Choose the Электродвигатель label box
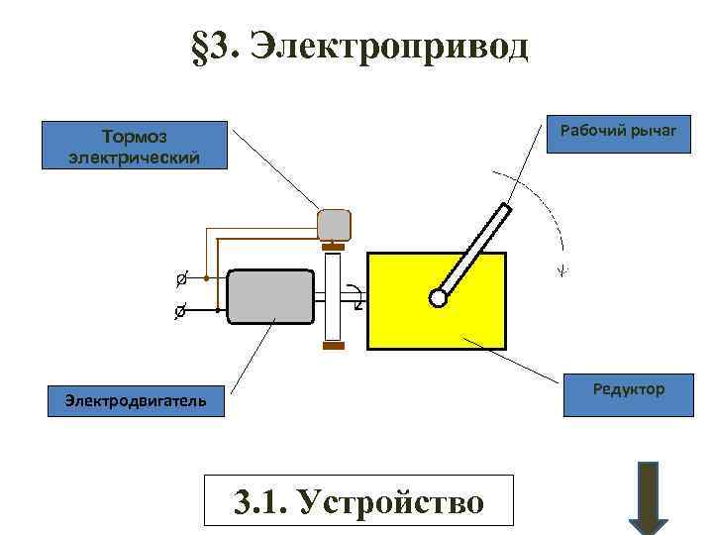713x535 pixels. (x=135, y=400)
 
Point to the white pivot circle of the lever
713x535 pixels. (x=437, y=296)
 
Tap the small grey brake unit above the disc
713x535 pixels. (x=334, y=225)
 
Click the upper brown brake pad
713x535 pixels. (x=333, y=246)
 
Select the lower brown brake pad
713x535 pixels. (x=333, y=347)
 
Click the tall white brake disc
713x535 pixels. (x=333, y=296)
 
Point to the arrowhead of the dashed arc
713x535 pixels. (x=562, y=269)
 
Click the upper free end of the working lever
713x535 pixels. (x=507, y=208)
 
